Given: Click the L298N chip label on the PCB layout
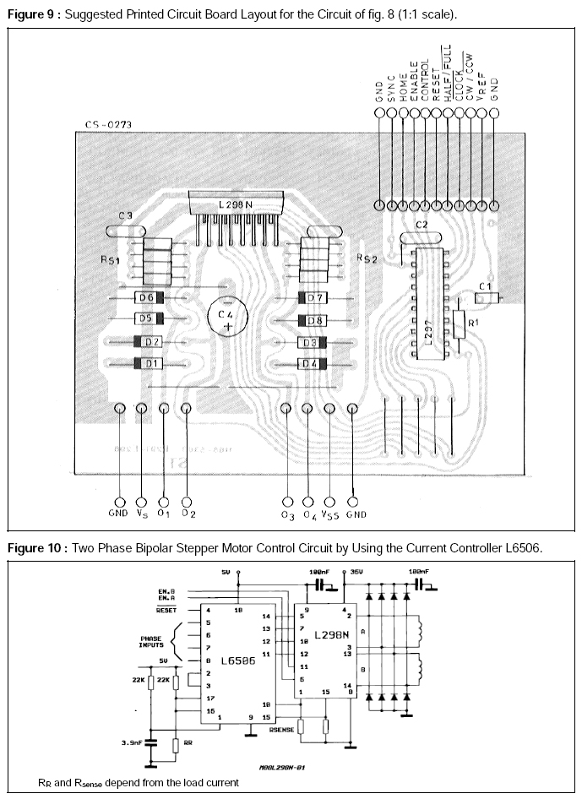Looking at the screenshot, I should click(x=236, y=204).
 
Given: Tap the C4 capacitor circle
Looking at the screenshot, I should click(x=227, y=319).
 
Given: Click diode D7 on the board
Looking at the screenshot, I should click(x=314, y=298).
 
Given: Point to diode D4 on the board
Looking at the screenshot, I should click(x=314, y=363).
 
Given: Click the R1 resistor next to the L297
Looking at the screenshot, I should click(x=459, y=323).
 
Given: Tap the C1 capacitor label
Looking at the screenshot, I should click(x=484, y=287).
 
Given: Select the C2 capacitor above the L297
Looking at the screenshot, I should click(x=422, y=226).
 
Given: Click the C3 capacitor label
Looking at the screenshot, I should click(x=125, y=216).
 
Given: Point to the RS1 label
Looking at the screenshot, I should click(x=110, y=262).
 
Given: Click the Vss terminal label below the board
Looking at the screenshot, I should click(x=332, y=513).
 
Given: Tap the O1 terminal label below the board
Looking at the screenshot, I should click(x=164, y=513).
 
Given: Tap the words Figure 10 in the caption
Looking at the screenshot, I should click(x=34, y=548).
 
